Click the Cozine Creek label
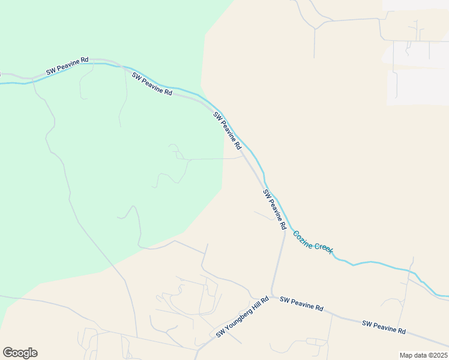[x=312, y=240]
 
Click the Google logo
[x=20, y=353]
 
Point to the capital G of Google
[x=8, y=353]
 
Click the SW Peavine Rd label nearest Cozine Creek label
[x=274, y=210]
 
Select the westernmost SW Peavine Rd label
[x=68, y=64]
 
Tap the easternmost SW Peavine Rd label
[x=384, y=327]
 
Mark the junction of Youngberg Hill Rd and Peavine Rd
[x=270, y=296]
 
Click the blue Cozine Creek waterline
[x=372, y=263]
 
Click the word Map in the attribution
[x=406, y=355]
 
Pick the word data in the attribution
[x=420, y=355]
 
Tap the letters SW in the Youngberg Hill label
[x=220, y=332]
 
